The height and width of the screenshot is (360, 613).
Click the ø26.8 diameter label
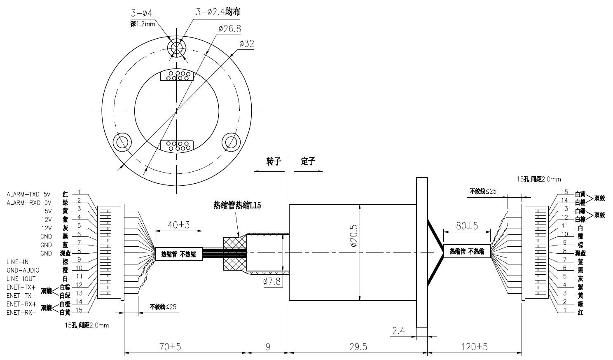[x=230, y=29]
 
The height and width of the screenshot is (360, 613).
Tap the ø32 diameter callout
[x=246, y=44]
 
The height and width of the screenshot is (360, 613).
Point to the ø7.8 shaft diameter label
[x=271, y=281]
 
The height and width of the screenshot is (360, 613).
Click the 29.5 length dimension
[x=358, y=347]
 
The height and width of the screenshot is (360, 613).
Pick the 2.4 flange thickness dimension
[x=399, y=330]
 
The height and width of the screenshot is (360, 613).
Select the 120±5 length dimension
[x=475, y=347]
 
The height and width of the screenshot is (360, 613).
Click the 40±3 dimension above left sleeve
[x=178, y=225]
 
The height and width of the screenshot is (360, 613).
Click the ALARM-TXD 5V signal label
[x=28, y=194]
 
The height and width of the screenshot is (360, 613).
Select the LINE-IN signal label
[x=18, y=262]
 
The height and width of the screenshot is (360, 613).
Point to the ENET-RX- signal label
[x=21, y=313]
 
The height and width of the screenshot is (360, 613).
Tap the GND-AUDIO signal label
[x=23, y=270]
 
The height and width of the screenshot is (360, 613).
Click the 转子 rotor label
[x=273, y=161]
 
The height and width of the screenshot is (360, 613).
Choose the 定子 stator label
[x=308, y=161]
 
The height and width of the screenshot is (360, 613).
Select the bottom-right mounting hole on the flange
[x=231, y=143]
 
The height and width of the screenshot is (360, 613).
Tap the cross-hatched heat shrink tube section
[x=234, y=254]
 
